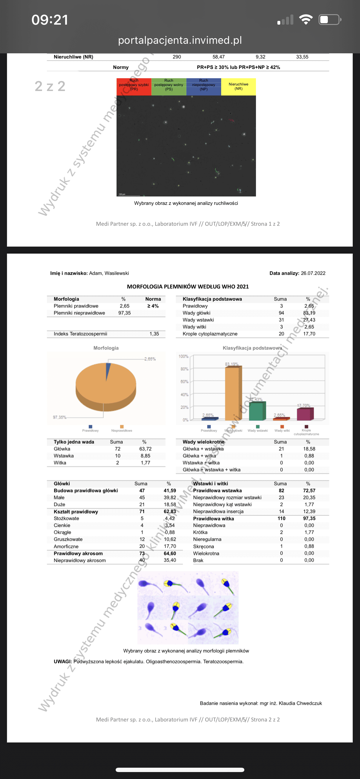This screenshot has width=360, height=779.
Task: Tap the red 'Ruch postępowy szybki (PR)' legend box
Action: click(x=134, y=86)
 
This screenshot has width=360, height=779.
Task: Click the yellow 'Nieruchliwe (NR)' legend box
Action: click(x=238, y=86)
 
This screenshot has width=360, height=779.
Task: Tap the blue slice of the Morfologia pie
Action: click(x=108, y=370)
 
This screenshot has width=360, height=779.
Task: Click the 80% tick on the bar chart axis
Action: click(x=184, y=369)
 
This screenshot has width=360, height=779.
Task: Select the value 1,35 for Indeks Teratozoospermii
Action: click(x=154, y=334)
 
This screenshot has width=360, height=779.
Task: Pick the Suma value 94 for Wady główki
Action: click(x=281, y=313)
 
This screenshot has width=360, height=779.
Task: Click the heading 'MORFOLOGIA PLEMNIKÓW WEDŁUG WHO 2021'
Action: click(x=188, y=286)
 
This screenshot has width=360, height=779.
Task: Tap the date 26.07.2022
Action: click(x=313, y=273)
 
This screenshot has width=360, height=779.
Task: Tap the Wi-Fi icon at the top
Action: click(x=306, y=20)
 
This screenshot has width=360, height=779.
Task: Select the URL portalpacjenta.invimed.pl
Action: click(x=180, y=40)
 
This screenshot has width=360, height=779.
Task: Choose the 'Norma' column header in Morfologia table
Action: click(x=153, y=299)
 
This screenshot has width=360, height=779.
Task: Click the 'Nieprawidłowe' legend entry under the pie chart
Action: click(x=122, y=430)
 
